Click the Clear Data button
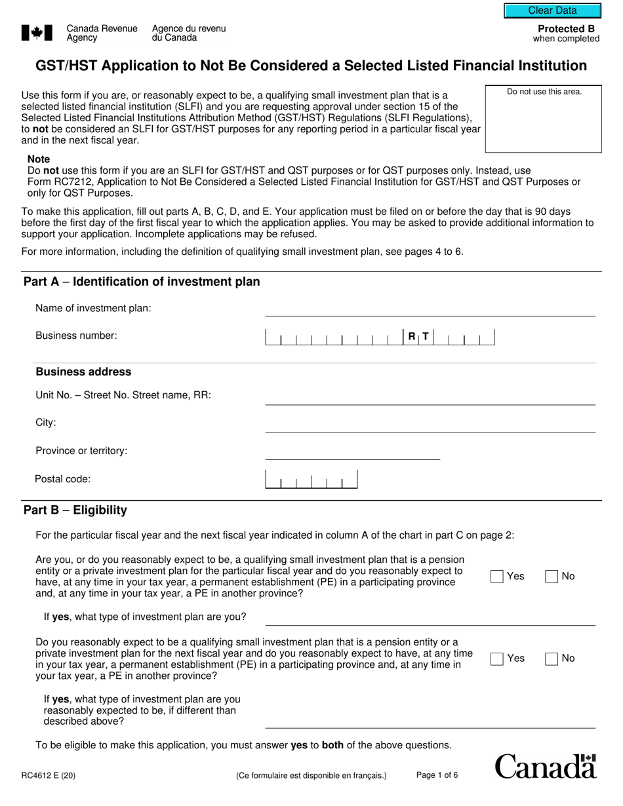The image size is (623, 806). (552, 10)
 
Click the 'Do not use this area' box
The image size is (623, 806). (543, 119)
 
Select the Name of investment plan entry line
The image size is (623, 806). (430, 309)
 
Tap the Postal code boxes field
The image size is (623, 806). (311, 480)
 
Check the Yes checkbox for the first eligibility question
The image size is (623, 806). (497, 577)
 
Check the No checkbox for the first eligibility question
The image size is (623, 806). (552, 577)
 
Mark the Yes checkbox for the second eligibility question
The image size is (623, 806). (497, 659)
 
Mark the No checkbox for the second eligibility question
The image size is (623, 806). (552, 659)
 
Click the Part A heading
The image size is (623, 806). (142, 282)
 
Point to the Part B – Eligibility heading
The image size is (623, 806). (75, 510)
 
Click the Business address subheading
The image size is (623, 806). (83, 372)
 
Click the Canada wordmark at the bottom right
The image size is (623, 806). (546, 766)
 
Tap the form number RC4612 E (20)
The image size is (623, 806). (48, 776)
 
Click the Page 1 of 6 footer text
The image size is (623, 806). (437, 775)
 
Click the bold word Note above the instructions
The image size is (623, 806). (38, 159)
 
